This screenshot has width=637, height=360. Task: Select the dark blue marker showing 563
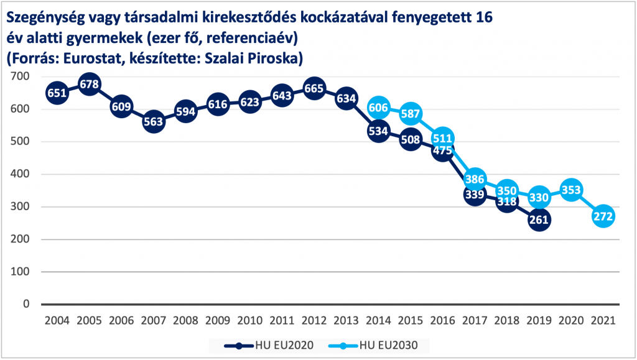(153, 122)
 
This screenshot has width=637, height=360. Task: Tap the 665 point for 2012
(314, 88)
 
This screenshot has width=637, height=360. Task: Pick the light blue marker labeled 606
(378, 108)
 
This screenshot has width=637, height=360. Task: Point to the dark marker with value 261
(539, 219)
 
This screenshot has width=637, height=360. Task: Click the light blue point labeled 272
(603, 216)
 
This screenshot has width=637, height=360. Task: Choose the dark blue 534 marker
(378, 131)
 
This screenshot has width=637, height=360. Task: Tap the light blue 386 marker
(475, 179)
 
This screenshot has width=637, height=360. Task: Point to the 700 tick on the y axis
(21, 76)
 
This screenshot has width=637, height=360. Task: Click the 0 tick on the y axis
(26, 304)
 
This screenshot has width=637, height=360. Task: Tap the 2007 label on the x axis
(153, 321)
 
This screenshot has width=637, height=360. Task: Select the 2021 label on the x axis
(603, 321)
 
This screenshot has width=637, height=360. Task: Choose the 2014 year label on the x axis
(378, 321)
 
